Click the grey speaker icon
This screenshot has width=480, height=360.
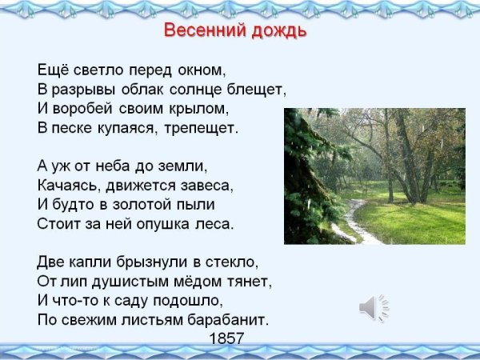pos(374,307)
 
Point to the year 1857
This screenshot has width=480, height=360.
pos(226,338)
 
